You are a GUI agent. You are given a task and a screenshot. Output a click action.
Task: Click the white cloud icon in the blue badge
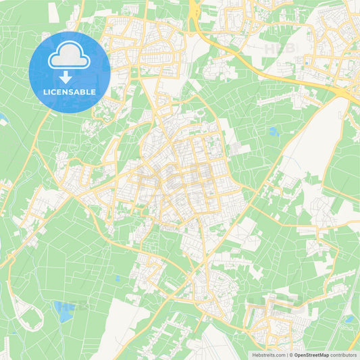69,55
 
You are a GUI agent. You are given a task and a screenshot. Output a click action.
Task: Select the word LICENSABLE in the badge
70,91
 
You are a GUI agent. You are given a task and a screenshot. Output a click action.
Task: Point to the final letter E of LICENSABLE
93,91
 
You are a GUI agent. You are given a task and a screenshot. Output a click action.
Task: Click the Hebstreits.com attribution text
269,355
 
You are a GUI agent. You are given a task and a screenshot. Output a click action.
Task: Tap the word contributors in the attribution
343,355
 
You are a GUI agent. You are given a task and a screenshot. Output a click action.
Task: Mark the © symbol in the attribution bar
291,355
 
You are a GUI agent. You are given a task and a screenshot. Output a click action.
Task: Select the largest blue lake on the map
65,311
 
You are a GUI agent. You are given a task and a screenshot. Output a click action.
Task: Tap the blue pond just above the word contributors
349,319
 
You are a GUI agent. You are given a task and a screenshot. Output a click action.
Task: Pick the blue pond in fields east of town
274,132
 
